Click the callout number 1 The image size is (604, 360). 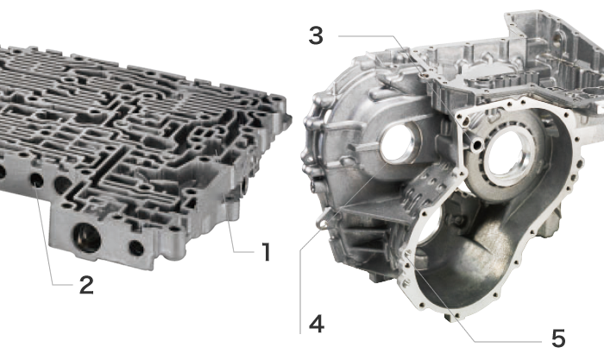coord(266,252)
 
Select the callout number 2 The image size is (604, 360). coord(86,285)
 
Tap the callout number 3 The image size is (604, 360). coord(316,36)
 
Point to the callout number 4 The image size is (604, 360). coord(317,324)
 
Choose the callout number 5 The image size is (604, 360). coord(558,338)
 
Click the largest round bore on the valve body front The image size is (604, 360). coord(87,237)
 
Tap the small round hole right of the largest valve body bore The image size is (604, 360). coord(136,248)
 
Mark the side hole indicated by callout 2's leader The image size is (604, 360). coord(36,180)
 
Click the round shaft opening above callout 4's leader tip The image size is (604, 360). coord(398,142)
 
